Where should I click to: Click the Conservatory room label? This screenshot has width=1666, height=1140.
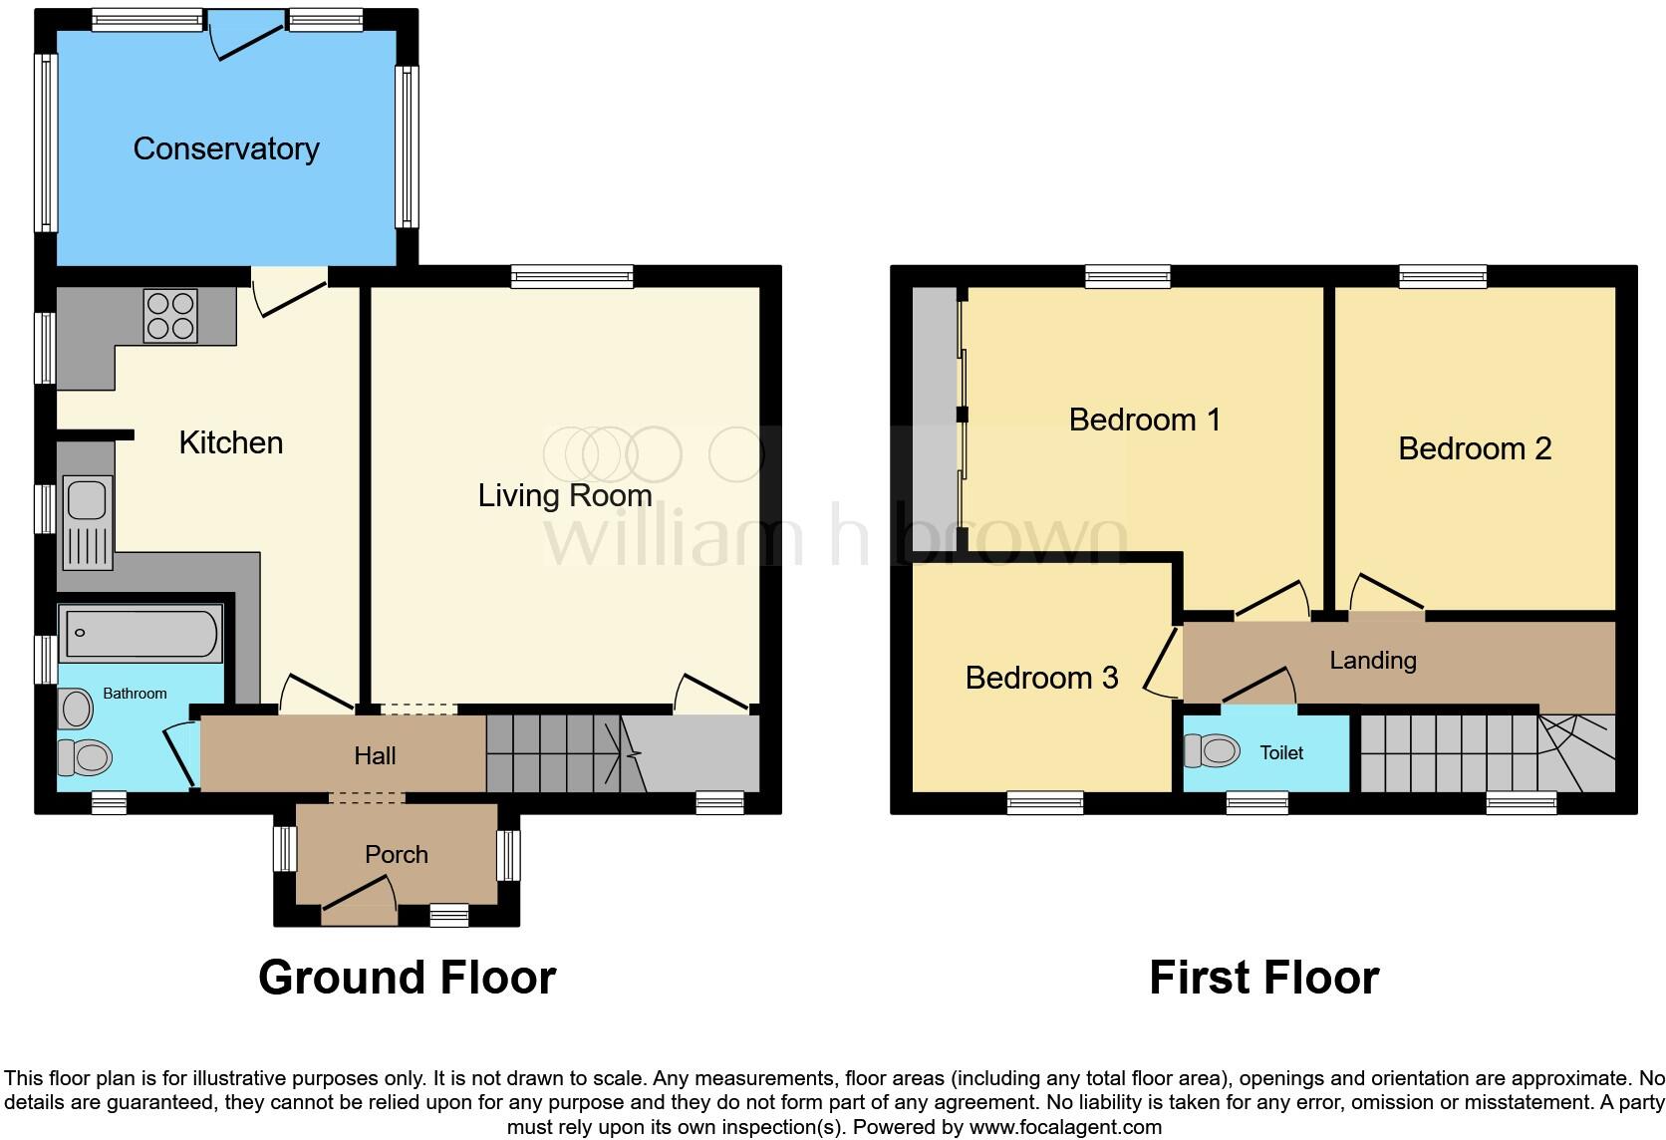tap(226, 148)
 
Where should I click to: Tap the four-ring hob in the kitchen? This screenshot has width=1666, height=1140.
tap(170, 315)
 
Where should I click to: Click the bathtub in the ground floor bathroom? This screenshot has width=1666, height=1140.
tap(140, 635)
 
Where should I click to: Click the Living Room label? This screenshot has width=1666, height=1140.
tap(565, 495)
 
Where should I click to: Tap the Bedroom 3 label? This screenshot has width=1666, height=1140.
tap(1041, 678)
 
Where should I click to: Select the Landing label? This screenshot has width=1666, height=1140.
tap(1372, 660)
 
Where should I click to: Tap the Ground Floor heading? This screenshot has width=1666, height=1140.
tap(407, 978)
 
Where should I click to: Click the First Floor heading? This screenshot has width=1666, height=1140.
tap(1263, 978)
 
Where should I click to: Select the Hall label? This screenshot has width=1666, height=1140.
tap(375, 755)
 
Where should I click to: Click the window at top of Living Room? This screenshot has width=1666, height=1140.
tap(572, 277)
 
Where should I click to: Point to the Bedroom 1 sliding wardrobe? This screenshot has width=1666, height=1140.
tap(937, 419)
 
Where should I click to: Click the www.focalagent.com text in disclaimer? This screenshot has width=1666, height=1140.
tap(1064, 1127)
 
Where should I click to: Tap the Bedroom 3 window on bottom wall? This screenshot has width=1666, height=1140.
tap(1044, 802)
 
